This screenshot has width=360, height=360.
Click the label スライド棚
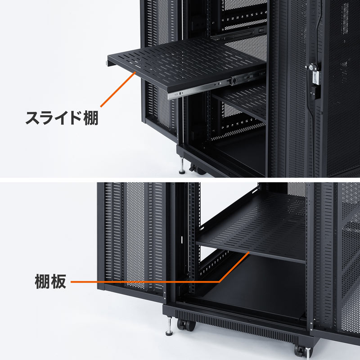(61, 118)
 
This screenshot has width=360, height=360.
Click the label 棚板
(50, 282)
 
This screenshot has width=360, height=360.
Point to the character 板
(59, 282)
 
